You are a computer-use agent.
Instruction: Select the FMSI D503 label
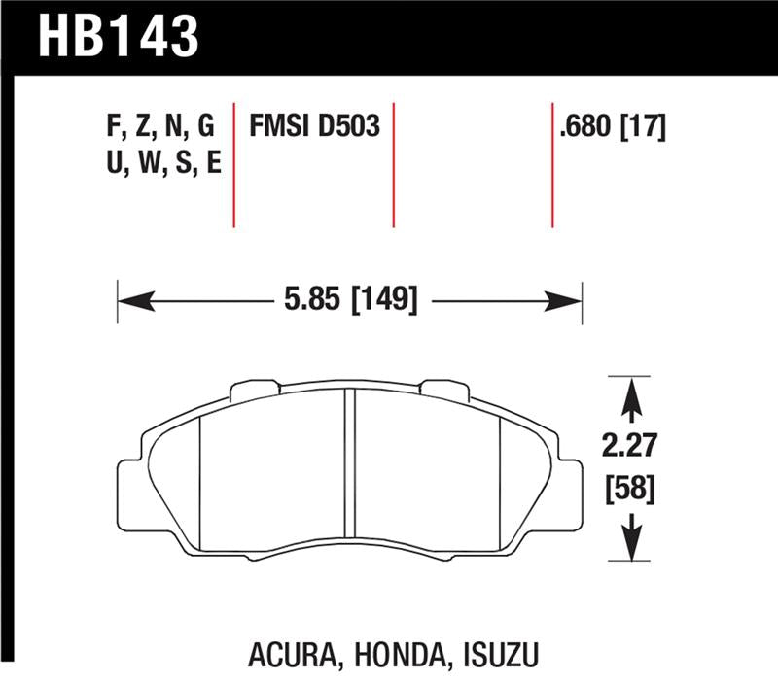pos(314,128)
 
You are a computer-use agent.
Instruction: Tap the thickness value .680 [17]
pos(613,128)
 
